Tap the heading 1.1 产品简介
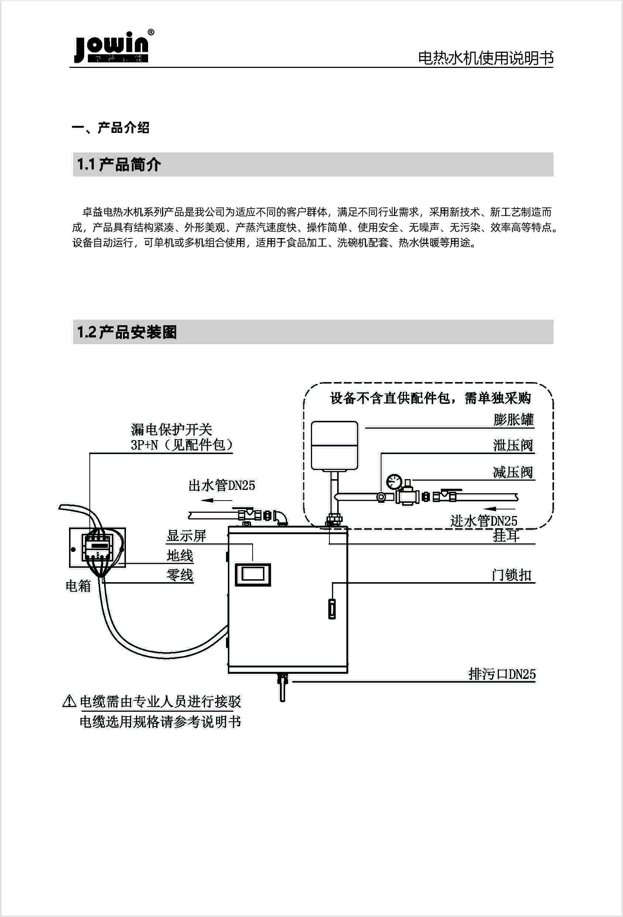click(x=119, y=165)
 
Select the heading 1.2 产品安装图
click(x=127, y=332)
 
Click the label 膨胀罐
click(x=513, y=419)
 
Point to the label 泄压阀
click(x=513, y=446)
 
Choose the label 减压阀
click(x=513, y=472)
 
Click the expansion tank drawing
click(x=335, y=446)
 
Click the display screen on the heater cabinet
click(x=253, y=574)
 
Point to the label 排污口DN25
click(x=502, y=674)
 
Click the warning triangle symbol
click(x=69, y=701)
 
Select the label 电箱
click(x=78, y=585)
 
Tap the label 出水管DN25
click(x=222, y=485)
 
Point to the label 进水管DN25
click(x=484, y=521)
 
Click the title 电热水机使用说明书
click(x=485, y=58)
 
